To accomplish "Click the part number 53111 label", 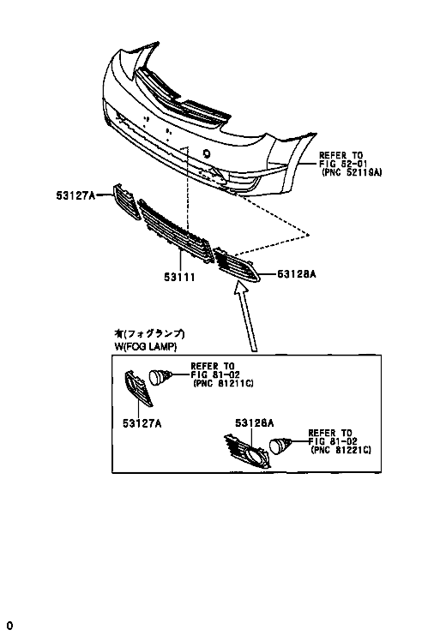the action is pyautogui.click(x=179, y=278).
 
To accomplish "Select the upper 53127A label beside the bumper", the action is pyautogui.click(x=75, y=195).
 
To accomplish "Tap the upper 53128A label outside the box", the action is pyautogui.click(x=297, y=274).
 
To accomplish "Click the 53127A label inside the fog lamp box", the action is pyautogui.click(x=142, y=423).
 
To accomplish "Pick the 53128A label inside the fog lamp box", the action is pyautogui.click(x=255, y=423).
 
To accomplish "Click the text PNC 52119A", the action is pyautogui.click(x=352, y=172).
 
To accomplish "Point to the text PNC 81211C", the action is pyautogui.click(x=223, y=383).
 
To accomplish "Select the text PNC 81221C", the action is pyautogui.click(x=341, y=450).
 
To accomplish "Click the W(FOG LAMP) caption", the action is pyautogui.click(x=146, y=347).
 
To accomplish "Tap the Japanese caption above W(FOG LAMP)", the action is pyautogui.click(x=149, y=333).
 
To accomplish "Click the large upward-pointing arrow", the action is pyautogui.click(x=246, y=317).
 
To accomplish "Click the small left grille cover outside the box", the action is pyautogui.click(x=126, y=201).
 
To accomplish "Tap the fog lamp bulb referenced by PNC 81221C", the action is pyautogui.click(x=280, y=446).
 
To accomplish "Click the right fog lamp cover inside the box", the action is pyautogui.click(x=247, y=451).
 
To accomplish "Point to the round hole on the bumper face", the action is pyautogui.click(x=207, y=153).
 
